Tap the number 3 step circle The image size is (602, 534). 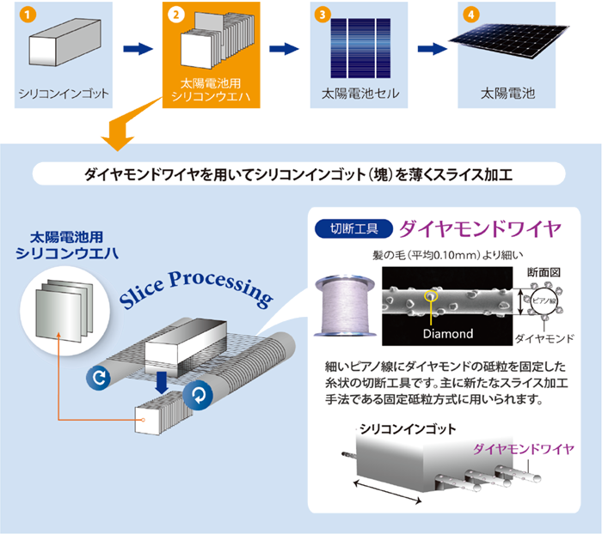[x=322, y=15]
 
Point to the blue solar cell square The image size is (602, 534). [x=357, y=47]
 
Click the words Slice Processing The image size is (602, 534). [x=198, y=291]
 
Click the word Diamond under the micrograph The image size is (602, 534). [x=447, y=334]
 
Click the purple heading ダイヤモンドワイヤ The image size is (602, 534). [x=482, y=228]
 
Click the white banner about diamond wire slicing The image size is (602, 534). [x=298, y=175]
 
